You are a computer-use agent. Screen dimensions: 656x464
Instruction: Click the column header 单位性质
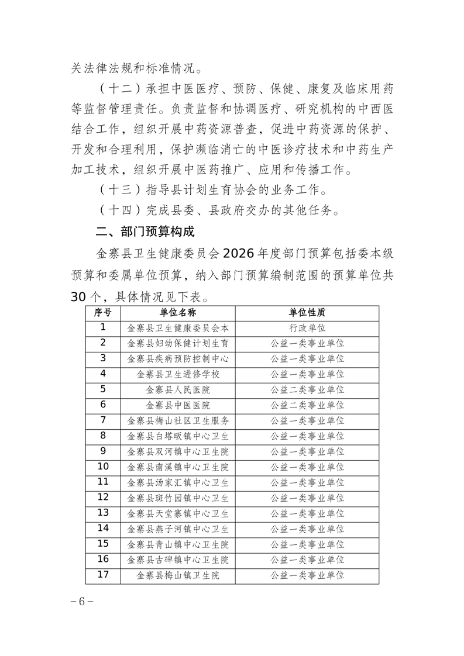coord(307,313)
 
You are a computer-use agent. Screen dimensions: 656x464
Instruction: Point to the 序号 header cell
coord(103,313)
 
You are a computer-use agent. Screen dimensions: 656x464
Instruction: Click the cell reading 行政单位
coord(307,328)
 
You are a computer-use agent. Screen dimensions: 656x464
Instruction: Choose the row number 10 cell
coord(103,467)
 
